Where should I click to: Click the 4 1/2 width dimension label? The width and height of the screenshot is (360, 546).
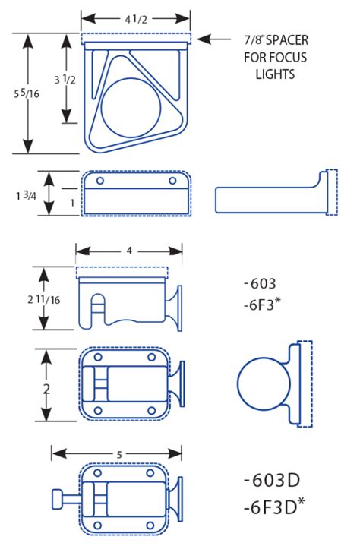(136, 19)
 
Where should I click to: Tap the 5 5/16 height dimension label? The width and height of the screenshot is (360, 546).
(27, 93)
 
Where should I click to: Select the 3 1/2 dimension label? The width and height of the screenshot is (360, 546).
(65, 80)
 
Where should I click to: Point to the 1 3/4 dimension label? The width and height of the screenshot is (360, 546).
(26, 196)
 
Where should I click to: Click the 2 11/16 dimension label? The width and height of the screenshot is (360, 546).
(44, 299)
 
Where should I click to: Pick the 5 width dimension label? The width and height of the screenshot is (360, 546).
(119, 455)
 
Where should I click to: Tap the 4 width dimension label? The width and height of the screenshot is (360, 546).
(129, 251)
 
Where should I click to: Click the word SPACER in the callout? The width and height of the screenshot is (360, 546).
(287, 40)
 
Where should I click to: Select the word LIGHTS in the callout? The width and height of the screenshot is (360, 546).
(275, 74)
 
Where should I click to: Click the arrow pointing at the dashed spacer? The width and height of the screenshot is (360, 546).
(213, 39)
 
